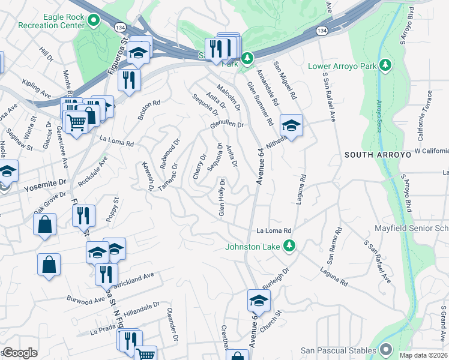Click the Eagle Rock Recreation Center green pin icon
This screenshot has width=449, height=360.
point(93,22)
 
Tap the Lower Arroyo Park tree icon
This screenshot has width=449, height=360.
point(386,65)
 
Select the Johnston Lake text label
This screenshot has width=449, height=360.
point(252,245)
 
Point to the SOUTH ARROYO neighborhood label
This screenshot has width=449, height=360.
point(377,155)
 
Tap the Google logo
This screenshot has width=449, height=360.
point(20,353)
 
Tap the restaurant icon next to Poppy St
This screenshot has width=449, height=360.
point(83,215)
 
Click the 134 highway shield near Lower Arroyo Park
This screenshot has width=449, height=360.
point(323,30)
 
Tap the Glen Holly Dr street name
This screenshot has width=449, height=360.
point(222,197)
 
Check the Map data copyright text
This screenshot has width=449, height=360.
point(424,355)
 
